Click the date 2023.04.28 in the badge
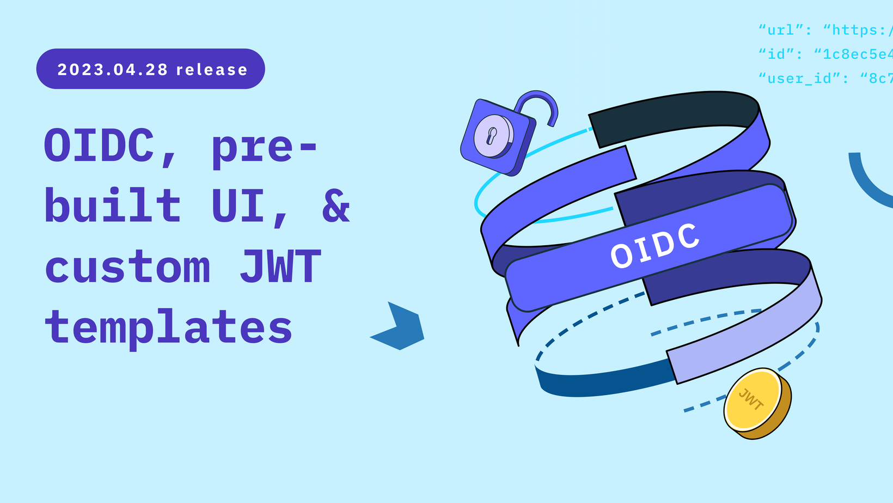[112, 70]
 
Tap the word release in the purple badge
[212, 70]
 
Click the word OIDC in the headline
[99, 145]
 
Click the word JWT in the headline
[280, 265]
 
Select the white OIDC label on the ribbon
[655, 246]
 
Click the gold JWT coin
[757, 403]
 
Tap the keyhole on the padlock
[491, 136]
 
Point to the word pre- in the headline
[264, 148]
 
